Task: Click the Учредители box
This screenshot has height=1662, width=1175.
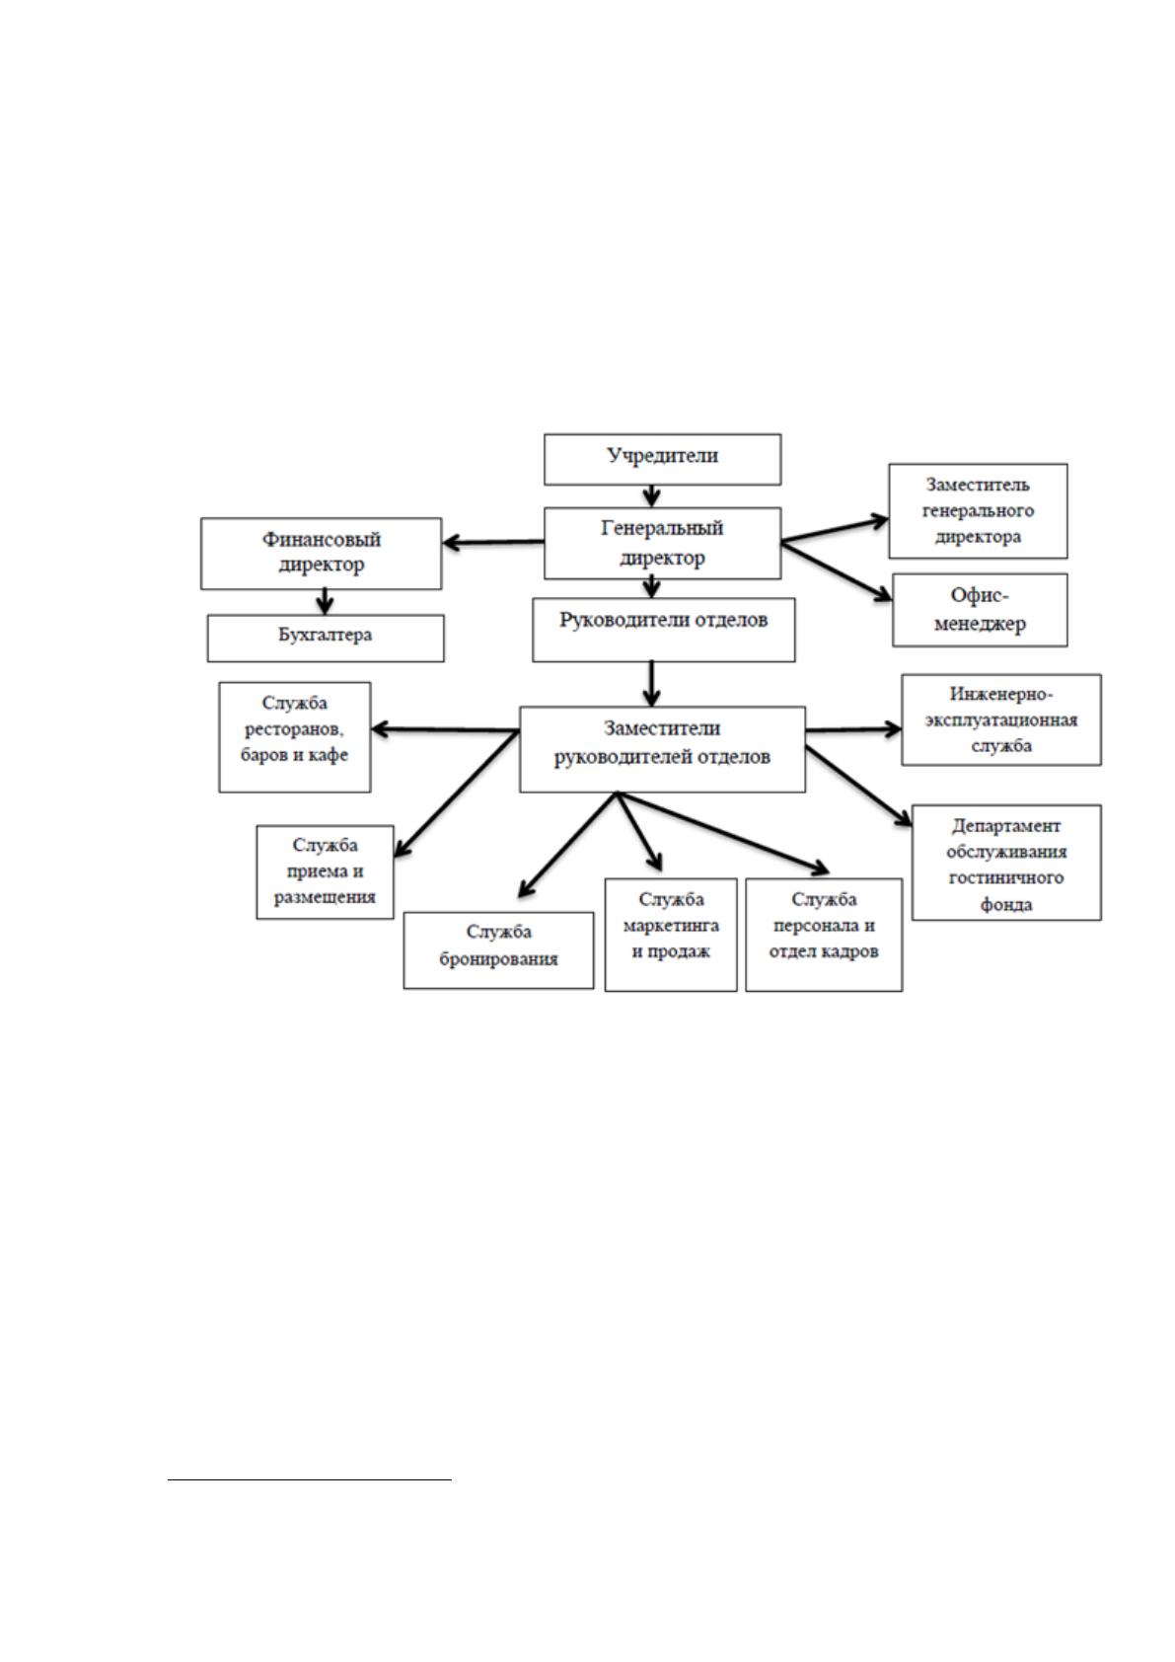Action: point(662,459)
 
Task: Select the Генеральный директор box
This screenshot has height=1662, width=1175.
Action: point(662,543)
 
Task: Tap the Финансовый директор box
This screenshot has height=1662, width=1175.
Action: point(322,554)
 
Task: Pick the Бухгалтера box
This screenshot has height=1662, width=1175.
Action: point(326,639)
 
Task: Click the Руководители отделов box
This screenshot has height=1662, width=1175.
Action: point(664,630)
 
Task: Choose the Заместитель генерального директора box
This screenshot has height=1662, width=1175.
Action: point(978,511)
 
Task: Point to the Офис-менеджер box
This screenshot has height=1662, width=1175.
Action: point(980,610)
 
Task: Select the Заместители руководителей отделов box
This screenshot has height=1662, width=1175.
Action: point(662,749)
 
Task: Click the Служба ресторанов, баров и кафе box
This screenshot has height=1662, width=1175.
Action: point(295,737)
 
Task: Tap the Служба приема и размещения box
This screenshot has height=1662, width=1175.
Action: point(325,872)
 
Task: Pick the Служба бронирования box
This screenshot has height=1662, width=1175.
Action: point(498,950)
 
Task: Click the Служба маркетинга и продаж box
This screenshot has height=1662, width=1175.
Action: point(671,935)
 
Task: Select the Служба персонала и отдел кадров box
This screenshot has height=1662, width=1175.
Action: point(824,935)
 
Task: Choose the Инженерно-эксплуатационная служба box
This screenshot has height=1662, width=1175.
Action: point(1001,719)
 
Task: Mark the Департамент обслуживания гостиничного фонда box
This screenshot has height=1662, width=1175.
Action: point(1006,863)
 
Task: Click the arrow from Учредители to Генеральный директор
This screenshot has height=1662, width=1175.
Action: point(651,496)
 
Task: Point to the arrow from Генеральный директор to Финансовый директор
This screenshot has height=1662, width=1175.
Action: point(493,543)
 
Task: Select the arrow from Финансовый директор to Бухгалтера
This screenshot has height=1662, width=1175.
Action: point(325,602)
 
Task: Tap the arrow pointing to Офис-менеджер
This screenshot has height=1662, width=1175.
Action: point(836,571)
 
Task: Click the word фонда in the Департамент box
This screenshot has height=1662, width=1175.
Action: point(1006,904)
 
